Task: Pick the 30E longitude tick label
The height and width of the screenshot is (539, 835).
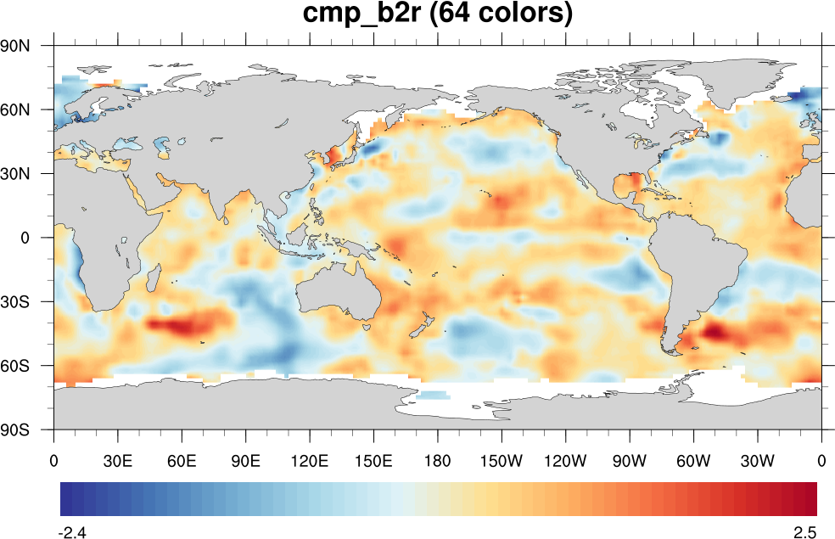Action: (x=118, y=461)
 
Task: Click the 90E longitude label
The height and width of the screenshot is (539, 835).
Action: (x=246, y=461)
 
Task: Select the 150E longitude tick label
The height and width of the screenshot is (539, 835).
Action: (x=374, y=461)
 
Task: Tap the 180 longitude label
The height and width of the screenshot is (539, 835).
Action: (x=438, y=461)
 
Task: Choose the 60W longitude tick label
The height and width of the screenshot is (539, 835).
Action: (x=693, y=461)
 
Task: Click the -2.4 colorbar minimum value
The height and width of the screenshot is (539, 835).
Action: (x=72, y=532)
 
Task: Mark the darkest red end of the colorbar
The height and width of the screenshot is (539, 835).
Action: (x=811, y=499)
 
